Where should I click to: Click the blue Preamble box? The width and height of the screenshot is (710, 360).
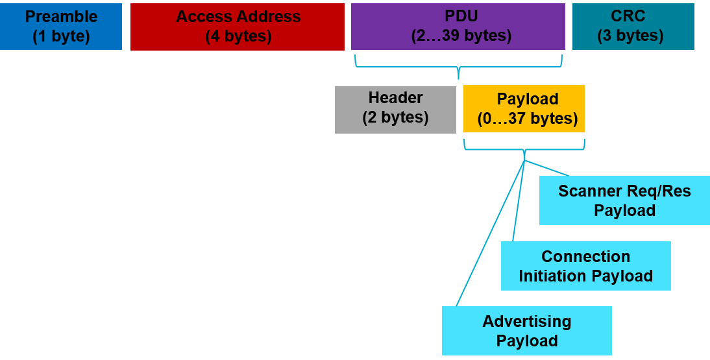pyautogui.click(x=61, y=27)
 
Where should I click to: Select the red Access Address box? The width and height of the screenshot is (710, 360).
pyautogui.click(x=238, y=27)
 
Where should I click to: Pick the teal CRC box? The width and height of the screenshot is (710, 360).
pyautogui.click(x=633, y=27)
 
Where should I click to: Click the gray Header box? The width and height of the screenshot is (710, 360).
pyautogui.click(x=395, y=109)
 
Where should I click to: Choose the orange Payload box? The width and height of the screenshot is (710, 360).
pyautogui.click(x=524, y=109)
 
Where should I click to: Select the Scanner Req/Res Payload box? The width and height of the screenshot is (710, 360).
pyautogui.click(x=624, y=201)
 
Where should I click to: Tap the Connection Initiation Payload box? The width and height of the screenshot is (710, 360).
pyautogui.click(x=585, y=266)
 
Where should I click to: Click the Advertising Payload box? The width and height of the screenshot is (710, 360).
pyautogui.click(x=526, y=331)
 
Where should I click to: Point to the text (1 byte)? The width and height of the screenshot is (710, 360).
pyautogui.click(x=61, y=36)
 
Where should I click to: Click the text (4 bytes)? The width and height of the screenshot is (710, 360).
pyautogui.click(x=238, y=36)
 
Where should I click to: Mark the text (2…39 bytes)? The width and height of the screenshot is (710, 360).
pyautogui.click(x=461, y=36)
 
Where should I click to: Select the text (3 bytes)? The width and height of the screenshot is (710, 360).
pyautogui.click(x=630, y=36)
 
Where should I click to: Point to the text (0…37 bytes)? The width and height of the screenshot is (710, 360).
pyautogui.click(x=527, y=119)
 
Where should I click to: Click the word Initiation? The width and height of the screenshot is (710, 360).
pyautogui.click(x=552, y=276)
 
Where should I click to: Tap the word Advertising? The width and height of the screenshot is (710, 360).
pyautogui.click(x=526, y=322)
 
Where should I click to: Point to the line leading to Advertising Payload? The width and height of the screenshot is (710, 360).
pyautogui.click(x=490, y=234)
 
